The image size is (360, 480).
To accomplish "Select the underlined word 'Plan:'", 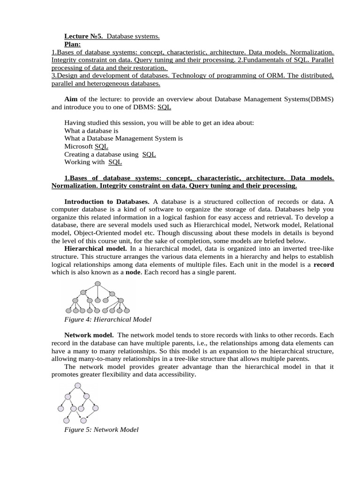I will (x=73, y=44).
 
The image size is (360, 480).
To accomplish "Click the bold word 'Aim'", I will (x=71, y=99).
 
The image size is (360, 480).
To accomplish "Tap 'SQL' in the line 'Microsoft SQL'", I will (x=101, y=146).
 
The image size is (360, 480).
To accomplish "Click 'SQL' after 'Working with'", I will (x=115, y=162).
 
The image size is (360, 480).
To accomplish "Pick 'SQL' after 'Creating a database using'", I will (x=149, y=154).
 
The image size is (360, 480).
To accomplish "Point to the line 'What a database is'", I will (x=91, y=131).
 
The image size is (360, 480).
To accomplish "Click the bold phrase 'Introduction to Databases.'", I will (x=107, y=201).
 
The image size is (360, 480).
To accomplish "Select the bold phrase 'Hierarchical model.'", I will (x=95, y=248).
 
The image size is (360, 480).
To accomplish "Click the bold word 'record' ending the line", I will (x=323, y=264).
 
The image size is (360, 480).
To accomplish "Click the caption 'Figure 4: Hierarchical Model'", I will (x=108, y=319).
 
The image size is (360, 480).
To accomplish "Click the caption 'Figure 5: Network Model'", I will (x=101, y=429).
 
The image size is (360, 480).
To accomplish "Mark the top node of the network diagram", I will (x=78, y=386).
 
